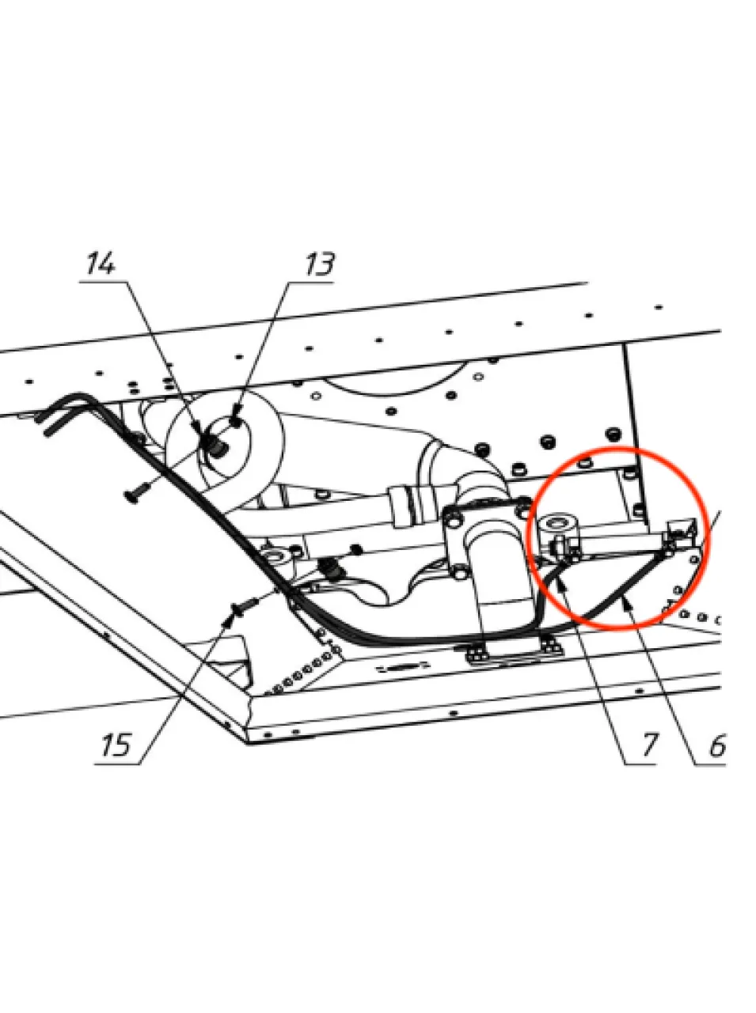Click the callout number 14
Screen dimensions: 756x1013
(x=101, y=264)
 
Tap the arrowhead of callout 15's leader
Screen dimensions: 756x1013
(x=228, y=620)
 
